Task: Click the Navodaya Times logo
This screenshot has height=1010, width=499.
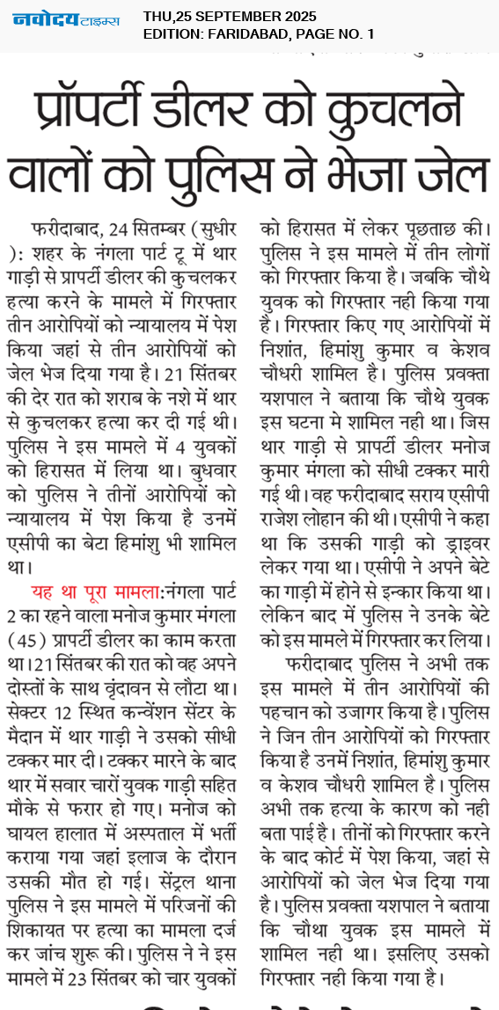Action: [x=66, y=19]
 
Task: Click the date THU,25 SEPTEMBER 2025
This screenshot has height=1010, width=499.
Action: [x=230, y=17]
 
